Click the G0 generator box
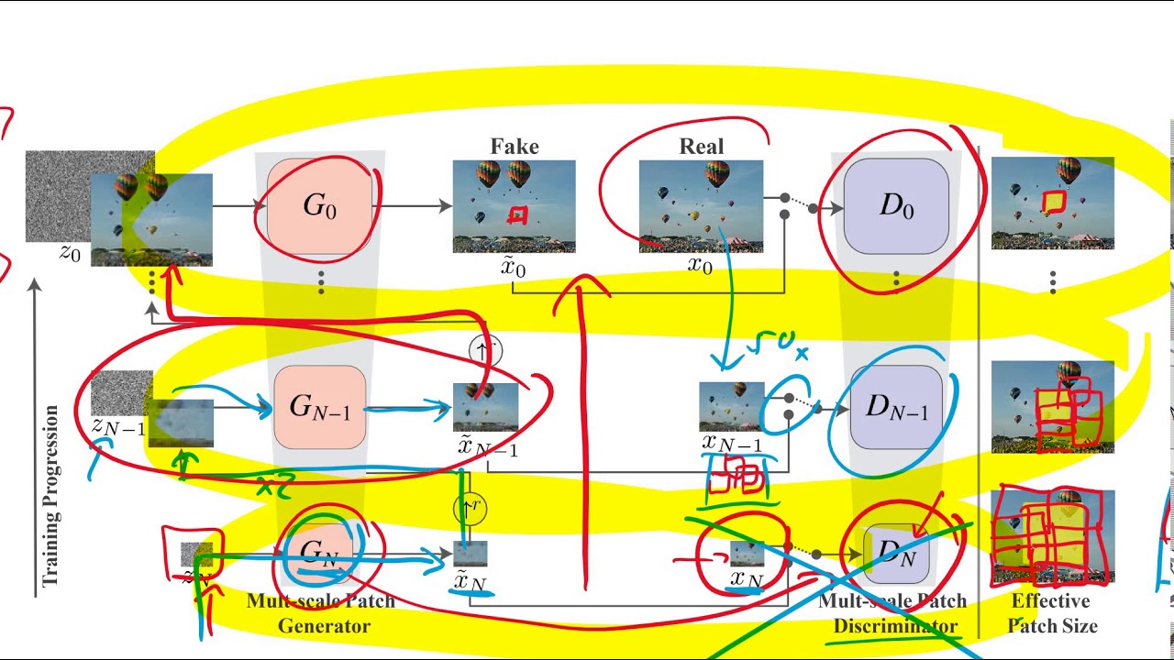320,206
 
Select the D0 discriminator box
896,206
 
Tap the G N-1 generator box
320,407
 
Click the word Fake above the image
515,147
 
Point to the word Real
702,147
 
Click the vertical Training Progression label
50,496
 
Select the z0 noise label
71,254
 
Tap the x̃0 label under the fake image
514,268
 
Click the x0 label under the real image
700,267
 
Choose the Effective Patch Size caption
1051,613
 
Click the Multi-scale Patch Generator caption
320,613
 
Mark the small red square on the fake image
518,216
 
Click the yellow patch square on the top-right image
1054,201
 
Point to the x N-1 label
732,444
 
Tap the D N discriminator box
896,553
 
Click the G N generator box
320,553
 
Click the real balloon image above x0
701,206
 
